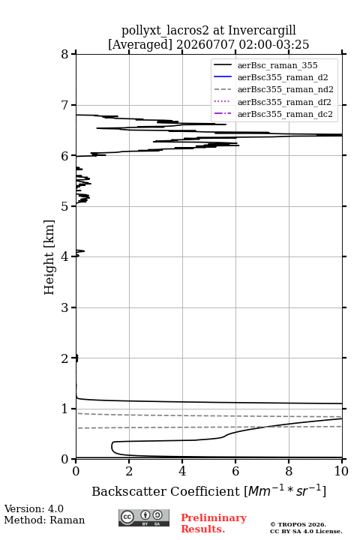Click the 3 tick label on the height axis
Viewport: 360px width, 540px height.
[64, 307]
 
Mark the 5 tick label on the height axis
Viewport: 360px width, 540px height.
[64, 206]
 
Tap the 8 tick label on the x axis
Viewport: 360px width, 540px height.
[289, 471]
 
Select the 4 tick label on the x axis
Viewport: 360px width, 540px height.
[182, 471]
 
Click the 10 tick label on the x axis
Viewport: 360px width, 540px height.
[341, 471]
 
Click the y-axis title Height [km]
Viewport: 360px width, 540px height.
[49, 257]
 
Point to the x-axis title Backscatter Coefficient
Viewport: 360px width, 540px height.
[165, 491]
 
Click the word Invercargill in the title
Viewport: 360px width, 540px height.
[262, 31]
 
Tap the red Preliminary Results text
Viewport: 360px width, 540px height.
[214, 523]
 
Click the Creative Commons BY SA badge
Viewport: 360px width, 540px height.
[144, 518]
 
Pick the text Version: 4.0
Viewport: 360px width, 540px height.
[34, 508]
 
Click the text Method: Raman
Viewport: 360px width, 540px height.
[44, 520]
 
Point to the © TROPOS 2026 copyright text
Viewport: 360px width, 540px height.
[298, 524]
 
